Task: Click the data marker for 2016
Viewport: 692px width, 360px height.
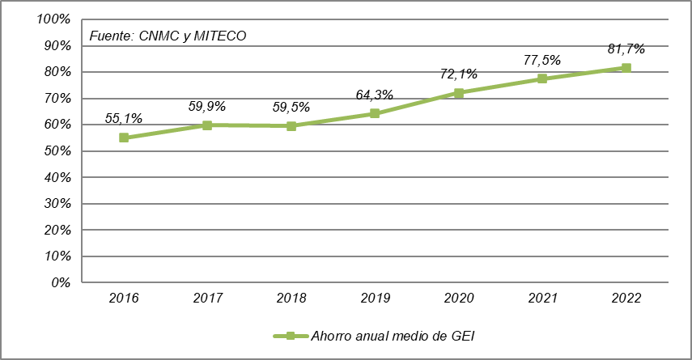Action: (124, 138)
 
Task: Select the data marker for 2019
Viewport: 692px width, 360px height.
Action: (375, 113)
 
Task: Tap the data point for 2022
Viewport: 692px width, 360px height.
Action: (626, 68)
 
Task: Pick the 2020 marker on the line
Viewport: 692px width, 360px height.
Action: (459, 93)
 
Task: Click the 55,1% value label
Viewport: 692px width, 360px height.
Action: (124, 118)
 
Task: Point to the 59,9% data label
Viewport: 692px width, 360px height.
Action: (207, 105)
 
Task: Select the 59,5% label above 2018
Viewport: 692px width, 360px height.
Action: (291, 106)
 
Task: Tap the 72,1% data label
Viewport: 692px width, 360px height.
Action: (459, 74)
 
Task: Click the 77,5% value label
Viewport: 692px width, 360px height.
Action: (542, 60)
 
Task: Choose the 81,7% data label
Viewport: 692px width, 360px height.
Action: (626, 49)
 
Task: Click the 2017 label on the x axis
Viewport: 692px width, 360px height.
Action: (207, 298)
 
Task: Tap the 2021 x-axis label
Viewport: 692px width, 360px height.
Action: (542, 298)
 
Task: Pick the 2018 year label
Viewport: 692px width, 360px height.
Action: (291, 298)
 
